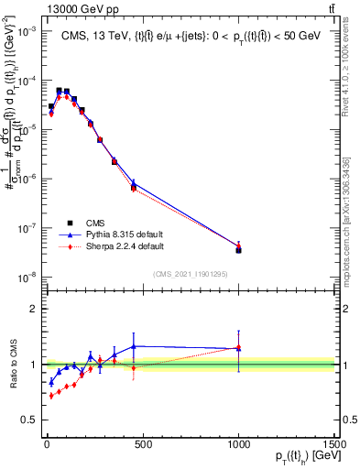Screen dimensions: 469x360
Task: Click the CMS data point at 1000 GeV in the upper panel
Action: point(238,249)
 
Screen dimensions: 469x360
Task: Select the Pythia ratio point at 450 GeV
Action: point(134,346)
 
